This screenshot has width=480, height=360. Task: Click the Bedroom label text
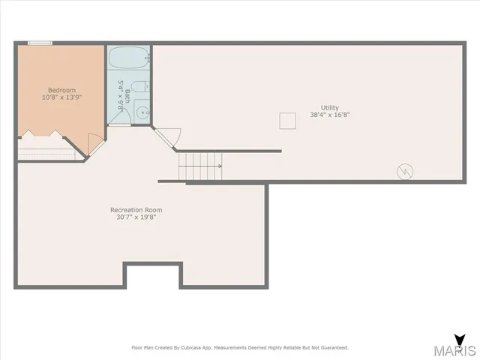pyautogui.click(x=61, y=90)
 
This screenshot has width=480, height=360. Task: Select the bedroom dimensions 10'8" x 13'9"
pyautogui.click(x=61, y=97)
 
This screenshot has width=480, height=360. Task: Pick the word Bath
pyautogui.click(x=127, y=95)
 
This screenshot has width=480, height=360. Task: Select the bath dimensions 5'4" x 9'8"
pyautogui.click(x=120, y=95)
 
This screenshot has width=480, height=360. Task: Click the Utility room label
pyautogui.click(x=329, y=108)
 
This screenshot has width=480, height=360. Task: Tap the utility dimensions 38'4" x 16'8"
pyautogui.click(x=329, y=115)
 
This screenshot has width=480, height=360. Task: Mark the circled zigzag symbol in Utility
pyautogui.click(x=404, y=172)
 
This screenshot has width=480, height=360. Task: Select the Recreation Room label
pyautogui.click(x=136, y=210)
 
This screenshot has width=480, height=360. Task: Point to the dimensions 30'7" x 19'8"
pyautogui.click(x=136, y=217)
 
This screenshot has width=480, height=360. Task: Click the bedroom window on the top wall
pyautogui.click(x=40, y=43)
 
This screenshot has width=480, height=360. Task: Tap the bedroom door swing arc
pyautogui.click(x=94, y=143)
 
